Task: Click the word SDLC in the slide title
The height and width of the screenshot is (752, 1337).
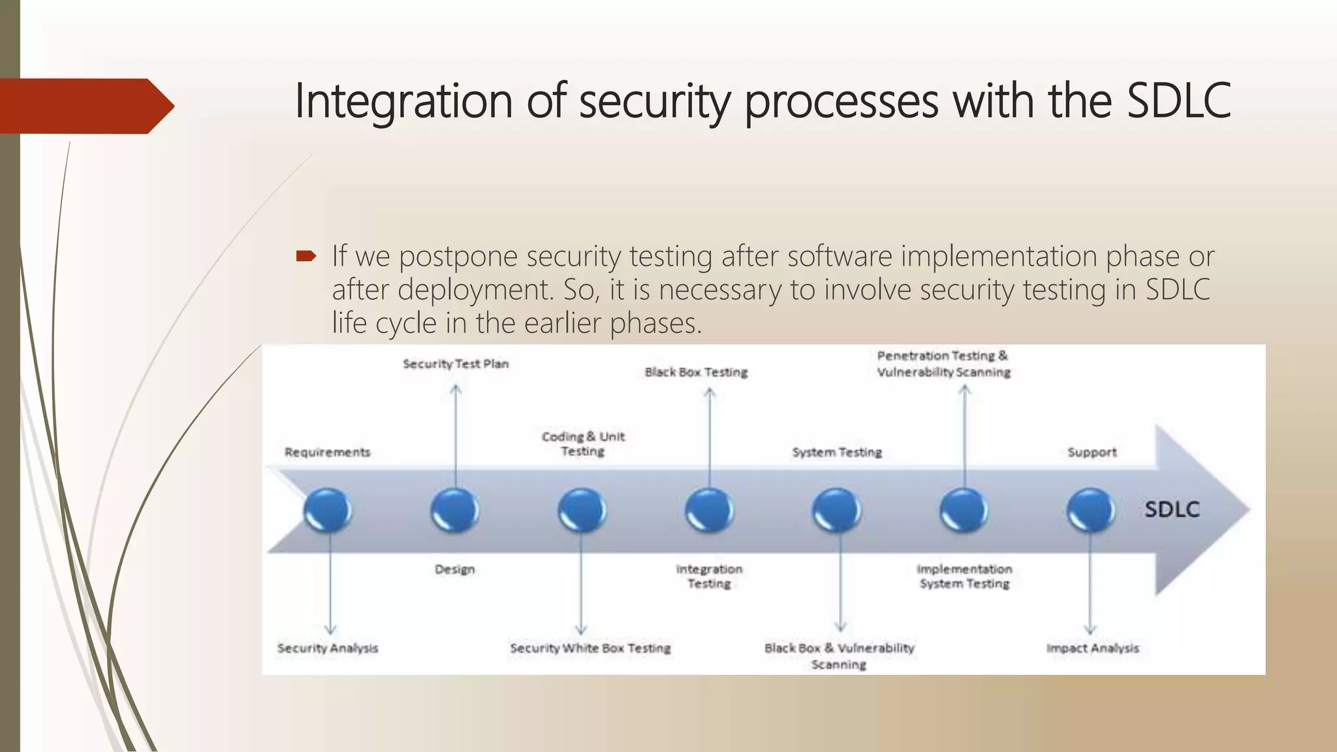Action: pyautogui.click(x=1178, y=101)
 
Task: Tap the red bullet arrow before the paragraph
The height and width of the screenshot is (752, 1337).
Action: pyautogui.click(x=306, y=256)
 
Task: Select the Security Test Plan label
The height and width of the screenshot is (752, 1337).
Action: pyautogui.click(x=455, y=364)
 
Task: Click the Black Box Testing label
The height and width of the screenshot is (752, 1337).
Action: pyautogui.click(x=696, y=372)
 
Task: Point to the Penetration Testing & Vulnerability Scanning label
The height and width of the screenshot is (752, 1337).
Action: pyautogui.click(x=943, y=364)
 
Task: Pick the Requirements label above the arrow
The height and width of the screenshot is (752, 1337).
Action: pyautogui.click(x=327, y=452)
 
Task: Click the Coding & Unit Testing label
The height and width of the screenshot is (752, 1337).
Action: pyautogui.click(x=583, y=444)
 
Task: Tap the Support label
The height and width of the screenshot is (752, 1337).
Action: pyautogui.click(x=1092, y=452)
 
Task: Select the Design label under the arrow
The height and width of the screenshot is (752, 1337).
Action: pyautogui.click(x=454, y=569)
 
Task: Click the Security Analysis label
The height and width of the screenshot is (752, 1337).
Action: pyautogui.click(x=328, y=648)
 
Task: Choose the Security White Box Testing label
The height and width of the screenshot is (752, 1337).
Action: pyautogui.click(x=590, y=648)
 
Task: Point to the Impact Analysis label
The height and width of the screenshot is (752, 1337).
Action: pyautogui.click(x=1092, y=648)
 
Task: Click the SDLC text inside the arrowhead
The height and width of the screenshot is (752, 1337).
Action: pyautogui.click(x=1172, y=509)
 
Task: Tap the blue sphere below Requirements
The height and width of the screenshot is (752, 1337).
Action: pyautogui.click(x=328, y=510)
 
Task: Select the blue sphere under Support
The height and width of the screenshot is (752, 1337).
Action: pyautogui.click(x=1091, y=510)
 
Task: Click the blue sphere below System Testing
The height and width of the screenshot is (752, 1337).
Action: pyautogui.click(x=837, y=510)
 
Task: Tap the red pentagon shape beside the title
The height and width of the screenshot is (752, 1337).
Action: pyautogui.click(x=85, y=106)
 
